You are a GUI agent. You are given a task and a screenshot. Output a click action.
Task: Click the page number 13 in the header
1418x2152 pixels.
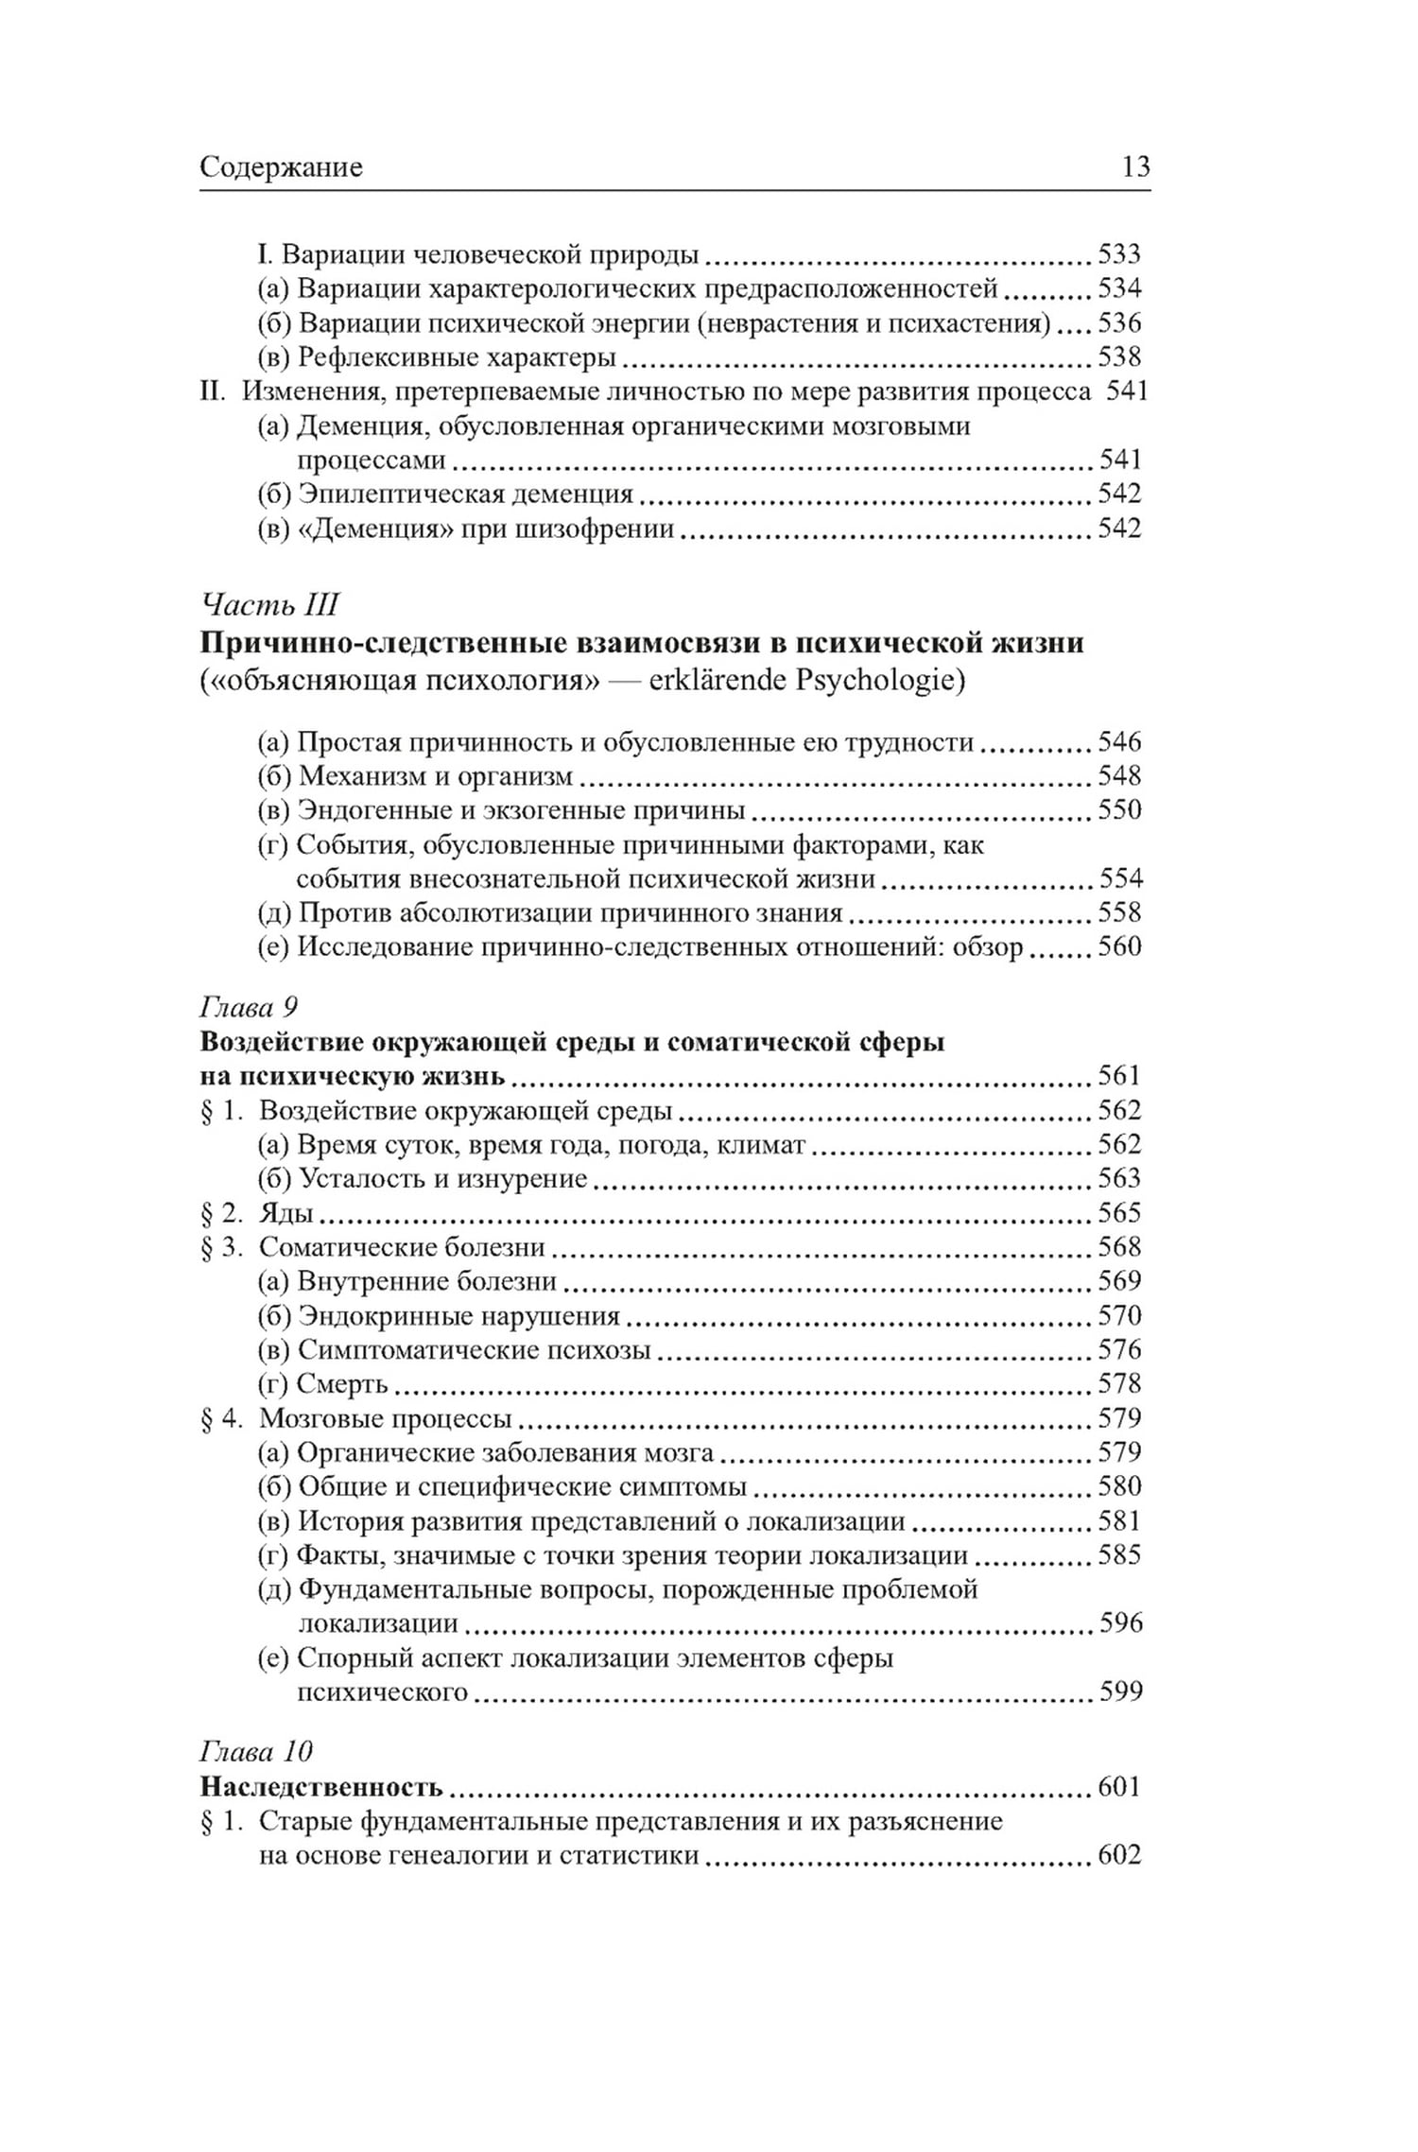pos(1135,167)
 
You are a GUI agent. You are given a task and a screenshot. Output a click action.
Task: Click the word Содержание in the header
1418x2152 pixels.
pos(281,167)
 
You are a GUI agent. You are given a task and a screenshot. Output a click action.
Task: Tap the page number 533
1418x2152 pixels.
pos(1119,253)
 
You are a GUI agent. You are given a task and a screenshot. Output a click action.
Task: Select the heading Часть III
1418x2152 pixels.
pos(269,604)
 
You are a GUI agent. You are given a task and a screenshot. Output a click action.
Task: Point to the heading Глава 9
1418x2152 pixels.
pos(250,1007)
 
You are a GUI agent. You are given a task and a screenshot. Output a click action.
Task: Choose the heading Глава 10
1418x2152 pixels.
pos(255,1751)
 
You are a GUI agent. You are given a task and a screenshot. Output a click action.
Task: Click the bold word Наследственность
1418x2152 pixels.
pos(321,1787)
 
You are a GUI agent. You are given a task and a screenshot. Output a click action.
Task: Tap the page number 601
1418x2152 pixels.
pos(1119,1786)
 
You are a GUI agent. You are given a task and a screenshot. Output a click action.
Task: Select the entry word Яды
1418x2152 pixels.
pos(286,1212)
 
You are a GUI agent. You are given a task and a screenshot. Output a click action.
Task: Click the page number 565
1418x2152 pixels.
pos(1119,1212)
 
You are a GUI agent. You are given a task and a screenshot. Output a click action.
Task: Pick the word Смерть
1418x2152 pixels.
pos(342,1383)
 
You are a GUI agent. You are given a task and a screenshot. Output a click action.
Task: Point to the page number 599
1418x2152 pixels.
pos(1120,1691)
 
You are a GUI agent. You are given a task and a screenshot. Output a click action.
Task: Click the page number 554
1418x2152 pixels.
pos(1120,878)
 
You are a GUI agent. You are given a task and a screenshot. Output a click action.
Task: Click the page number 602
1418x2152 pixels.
pos(1119,1854)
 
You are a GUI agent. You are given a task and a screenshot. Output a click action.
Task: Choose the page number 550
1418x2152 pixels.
pos(1119,809)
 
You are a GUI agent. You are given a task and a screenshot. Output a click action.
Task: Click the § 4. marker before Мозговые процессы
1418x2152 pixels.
pos(222,1418)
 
